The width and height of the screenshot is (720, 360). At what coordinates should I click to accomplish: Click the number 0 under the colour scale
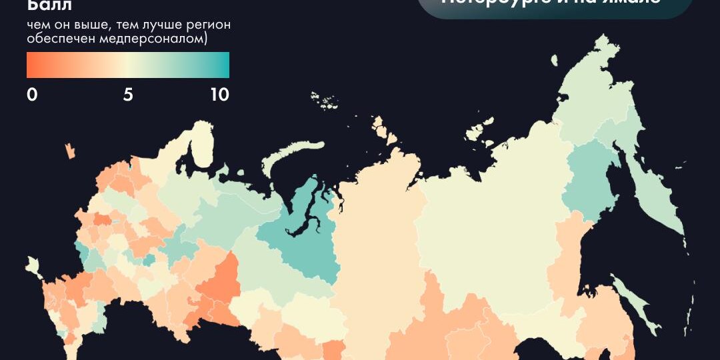point(32,95)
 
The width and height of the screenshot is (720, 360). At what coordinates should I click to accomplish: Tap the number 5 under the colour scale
point(128,95)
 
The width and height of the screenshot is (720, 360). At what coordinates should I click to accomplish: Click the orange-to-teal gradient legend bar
point(128,65)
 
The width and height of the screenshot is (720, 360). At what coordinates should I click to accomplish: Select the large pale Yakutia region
point(493,200)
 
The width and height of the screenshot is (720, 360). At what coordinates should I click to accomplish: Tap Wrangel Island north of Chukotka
point(553,60)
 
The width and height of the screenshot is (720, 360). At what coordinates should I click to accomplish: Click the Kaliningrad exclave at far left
point(69,151)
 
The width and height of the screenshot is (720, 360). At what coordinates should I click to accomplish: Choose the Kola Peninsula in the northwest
point(203,143)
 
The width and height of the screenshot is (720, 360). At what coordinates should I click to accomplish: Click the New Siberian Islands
point(480,130)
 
